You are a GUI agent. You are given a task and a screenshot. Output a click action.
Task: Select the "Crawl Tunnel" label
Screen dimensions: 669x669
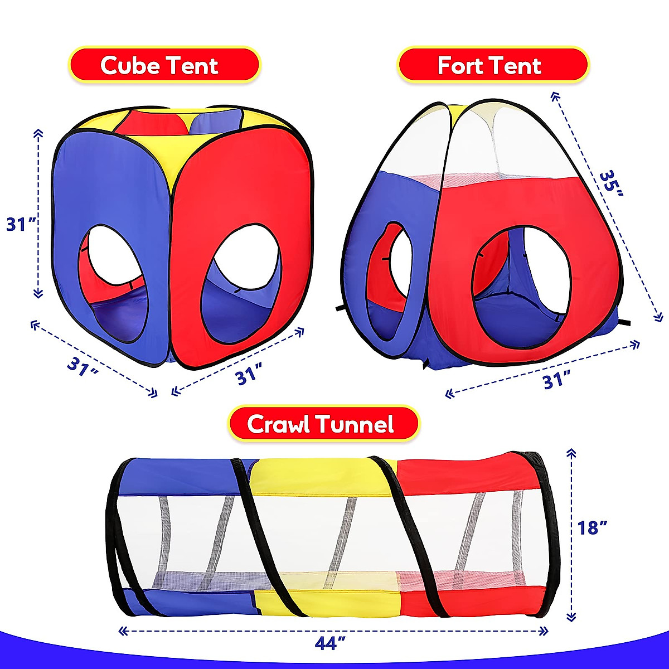(x=323, y=424)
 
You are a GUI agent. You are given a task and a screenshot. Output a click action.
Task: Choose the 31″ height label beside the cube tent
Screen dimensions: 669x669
(x=21, y=224)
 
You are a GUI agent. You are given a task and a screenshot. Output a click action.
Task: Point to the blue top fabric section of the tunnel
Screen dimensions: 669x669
(x=184, y=474)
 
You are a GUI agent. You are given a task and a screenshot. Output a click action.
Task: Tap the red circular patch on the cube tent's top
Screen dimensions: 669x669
(x=152, y=123)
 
